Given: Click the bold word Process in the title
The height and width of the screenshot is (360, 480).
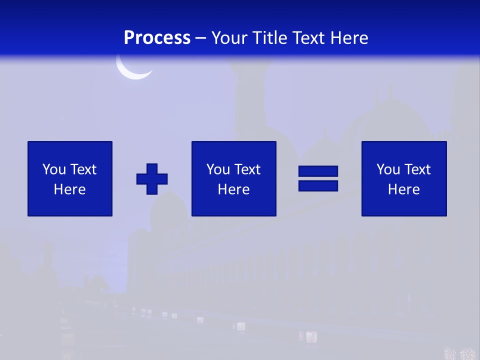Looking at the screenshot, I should click(x=157, y=37).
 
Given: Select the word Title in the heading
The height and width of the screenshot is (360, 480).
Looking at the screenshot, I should click(x=270, y=37).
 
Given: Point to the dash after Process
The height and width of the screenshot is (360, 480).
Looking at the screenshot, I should click(x=200, y=38).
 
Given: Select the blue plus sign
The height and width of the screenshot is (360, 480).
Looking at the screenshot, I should click(x=152, y=179).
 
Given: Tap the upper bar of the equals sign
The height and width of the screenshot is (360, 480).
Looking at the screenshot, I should click(x=318, y=171).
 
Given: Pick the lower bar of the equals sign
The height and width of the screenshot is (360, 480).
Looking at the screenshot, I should click(x=318, y=185).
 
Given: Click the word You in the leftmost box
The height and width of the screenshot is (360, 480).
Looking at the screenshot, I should click(x=54, y=169).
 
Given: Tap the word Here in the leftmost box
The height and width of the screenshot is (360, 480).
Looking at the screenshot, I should click(x=69, y=189).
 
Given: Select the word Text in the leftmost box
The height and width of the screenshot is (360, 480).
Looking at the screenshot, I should click(x=82, y=169).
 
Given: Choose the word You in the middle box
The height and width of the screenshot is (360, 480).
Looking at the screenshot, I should click(x=218, y=169).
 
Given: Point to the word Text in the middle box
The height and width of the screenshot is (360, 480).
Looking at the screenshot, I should click(x=246, y=169).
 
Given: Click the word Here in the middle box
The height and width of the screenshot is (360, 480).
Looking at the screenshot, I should click(x=233, y=189).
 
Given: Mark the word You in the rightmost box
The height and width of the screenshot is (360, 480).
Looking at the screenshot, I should click(x=388, y=169).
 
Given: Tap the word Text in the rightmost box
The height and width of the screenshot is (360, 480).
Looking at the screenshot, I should click(x=416, y=169).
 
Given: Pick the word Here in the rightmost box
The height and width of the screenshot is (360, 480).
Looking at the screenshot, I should click(x=403, y=189).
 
